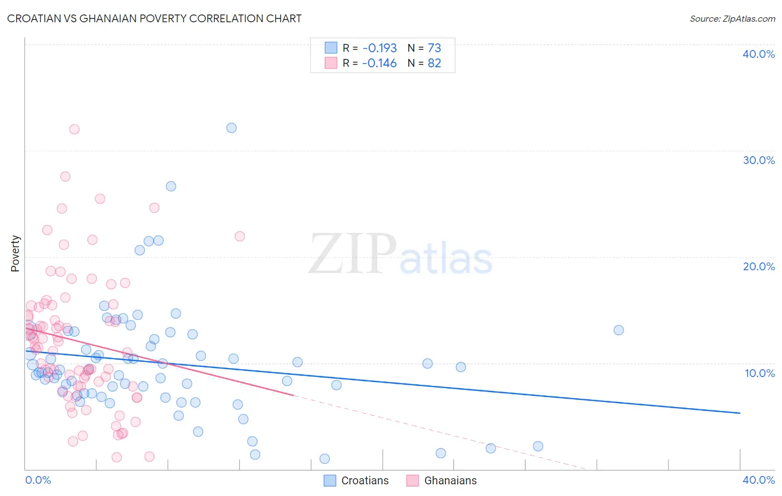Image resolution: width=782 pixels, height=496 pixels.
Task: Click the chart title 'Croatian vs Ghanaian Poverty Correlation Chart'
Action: (154, 18)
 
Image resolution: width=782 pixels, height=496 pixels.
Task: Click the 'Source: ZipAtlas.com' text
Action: (732, 18)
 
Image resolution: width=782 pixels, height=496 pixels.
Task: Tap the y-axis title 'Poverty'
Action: (15, 254)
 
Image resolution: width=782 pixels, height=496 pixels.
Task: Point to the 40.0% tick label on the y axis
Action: (758, 54)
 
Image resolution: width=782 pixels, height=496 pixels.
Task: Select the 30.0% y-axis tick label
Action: (758, 160)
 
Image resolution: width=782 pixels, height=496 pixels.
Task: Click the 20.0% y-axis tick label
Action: (758, 266)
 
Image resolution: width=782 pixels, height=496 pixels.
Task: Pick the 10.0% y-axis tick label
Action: (759, 373)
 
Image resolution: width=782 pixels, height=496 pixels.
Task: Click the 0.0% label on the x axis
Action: (38, 480)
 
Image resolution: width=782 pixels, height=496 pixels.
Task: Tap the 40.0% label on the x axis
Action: (758, 480)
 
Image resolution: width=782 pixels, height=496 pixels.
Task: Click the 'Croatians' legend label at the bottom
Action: (365, 480)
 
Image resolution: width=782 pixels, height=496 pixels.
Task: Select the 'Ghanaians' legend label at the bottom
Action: (451, 480)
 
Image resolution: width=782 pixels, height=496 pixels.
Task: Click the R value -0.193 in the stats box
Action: (380, 48)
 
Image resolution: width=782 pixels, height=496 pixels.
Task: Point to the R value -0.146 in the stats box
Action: (379, 63)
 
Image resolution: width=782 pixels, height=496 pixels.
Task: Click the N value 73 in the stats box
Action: (434, 48)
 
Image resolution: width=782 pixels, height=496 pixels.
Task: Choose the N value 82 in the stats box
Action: (434, 63)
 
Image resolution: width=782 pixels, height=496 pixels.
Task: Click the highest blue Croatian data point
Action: (231, 128)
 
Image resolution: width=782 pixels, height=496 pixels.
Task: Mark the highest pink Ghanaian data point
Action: (74, 130)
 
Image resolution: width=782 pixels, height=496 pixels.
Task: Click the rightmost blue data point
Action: (618, 330)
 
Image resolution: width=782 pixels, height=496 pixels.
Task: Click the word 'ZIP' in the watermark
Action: (352, 254)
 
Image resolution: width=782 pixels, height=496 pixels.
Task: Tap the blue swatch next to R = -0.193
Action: (331, 48)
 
